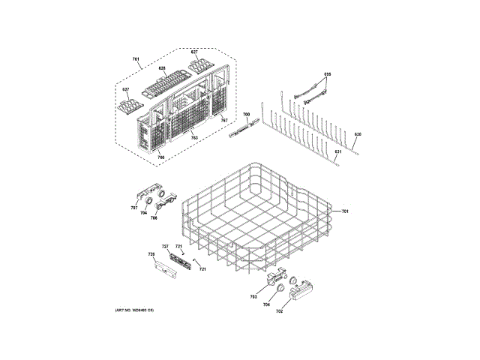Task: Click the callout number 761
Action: coord(136,59)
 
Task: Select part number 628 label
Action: coord(161,68)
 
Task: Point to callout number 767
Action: coord(223,120)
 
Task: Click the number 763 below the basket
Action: coord(194,139)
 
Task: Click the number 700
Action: coord(246,114)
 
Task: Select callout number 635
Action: coord(327,73)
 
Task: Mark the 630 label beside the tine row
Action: coord(358,134)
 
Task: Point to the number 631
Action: coord(337,152)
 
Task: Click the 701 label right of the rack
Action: coord(346,212)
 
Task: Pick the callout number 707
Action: coord(134,208)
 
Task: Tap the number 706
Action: coord(154,218)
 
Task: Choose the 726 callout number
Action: coord(150,256)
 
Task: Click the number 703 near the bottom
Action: coord(253,298)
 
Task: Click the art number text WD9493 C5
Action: coord(134,310)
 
